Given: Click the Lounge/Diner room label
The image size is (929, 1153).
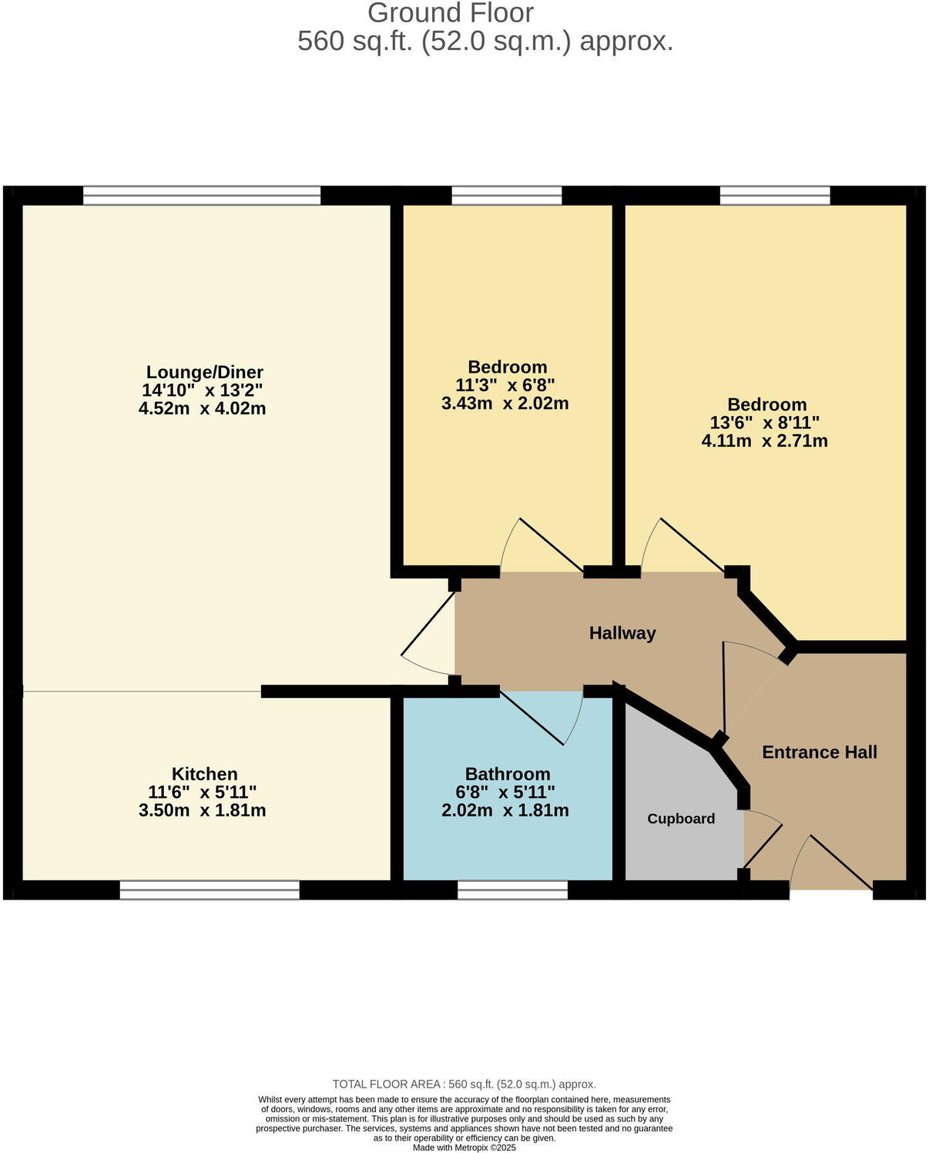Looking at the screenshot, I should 204,373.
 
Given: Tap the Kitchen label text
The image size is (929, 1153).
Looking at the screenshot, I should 204,774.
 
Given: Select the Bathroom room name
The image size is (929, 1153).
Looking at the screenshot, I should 507,774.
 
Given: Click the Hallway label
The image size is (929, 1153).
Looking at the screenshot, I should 622,633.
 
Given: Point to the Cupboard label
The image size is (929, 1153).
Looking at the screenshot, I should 681,819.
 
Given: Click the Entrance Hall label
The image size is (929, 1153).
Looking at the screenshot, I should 820,752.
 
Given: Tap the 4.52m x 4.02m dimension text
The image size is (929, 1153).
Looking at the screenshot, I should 202,408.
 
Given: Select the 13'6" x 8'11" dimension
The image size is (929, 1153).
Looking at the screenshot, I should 764,423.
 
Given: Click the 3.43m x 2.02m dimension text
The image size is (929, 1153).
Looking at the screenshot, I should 505,403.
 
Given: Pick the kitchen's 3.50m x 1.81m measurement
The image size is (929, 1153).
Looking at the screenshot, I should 202,810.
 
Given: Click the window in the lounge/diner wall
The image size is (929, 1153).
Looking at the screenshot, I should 202,196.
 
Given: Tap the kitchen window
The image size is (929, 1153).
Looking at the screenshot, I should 210,890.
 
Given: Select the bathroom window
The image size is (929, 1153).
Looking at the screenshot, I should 512,890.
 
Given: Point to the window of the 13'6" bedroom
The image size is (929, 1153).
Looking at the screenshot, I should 775,196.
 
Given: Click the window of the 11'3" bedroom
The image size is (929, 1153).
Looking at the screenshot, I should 506,196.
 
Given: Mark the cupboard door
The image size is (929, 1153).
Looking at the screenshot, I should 763,843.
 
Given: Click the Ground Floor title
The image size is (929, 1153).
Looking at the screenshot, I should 450,13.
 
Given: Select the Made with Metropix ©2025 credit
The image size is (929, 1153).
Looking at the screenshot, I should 464,1147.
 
